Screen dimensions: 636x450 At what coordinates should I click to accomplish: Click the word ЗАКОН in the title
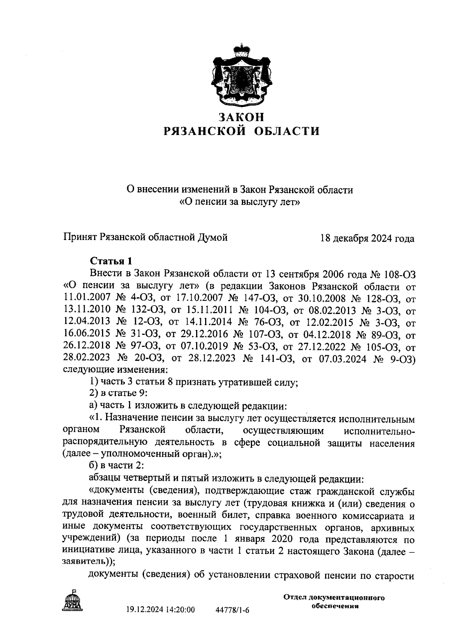click(x=242, y=117)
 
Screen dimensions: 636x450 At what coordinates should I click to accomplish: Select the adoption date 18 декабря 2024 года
click(x=367, y=238)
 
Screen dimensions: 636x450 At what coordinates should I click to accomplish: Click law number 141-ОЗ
click(x=276, y=358)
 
